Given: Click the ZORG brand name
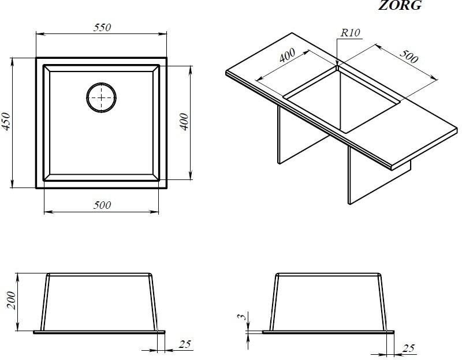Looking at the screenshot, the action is [400, 5].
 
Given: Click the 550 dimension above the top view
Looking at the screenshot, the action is [102, 27].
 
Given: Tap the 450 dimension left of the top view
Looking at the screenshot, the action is [6, 121].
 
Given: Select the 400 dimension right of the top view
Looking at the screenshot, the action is [184, 121].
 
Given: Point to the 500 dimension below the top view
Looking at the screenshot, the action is [102, 205].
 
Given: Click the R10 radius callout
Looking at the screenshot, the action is [351, 32].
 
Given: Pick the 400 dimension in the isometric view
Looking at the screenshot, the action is [287, 55].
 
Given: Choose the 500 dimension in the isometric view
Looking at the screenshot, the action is [409, 56].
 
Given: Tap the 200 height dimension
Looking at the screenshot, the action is [11, 300].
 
